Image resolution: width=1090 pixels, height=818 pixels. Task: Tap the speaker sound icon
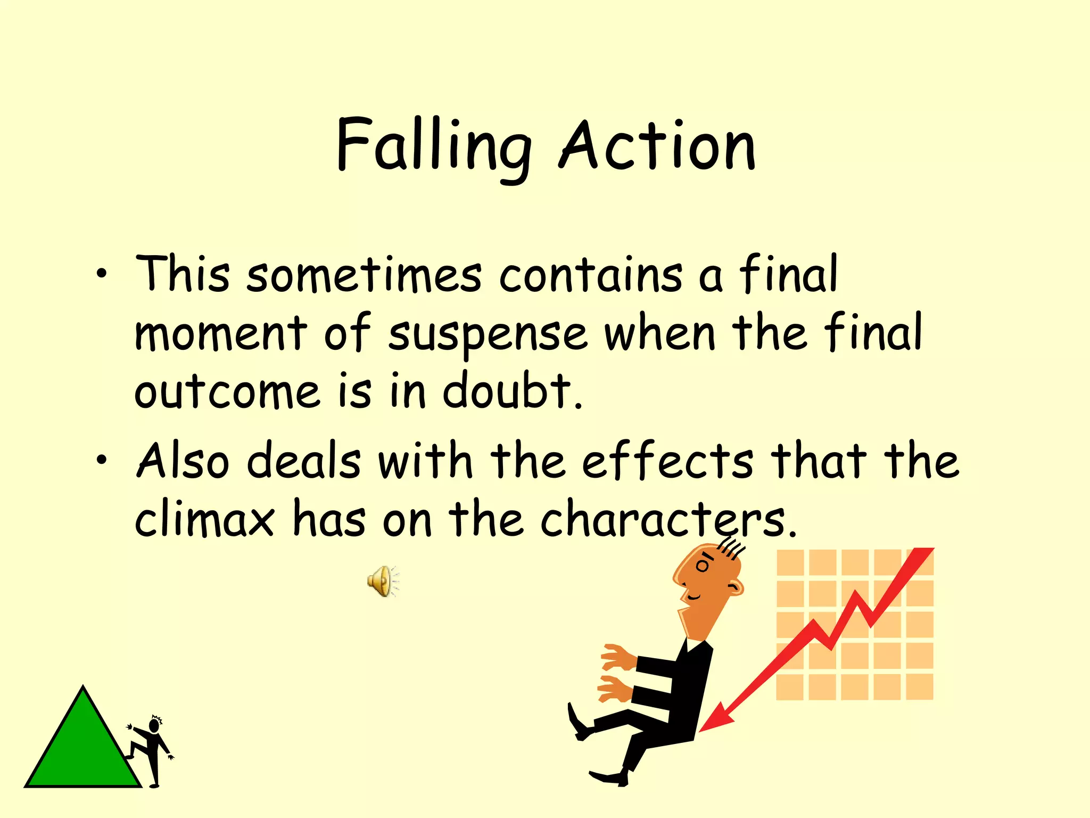point(382,581)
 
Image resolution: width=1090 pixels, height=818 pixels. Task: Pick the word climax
point(205,519)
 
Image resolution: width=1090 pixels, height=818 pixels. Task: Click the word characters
point(668,519)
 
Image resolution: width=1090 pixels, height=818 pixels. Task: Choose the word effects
point(668,461)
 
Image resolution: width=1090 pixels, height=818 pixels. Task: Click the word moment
point(221,334)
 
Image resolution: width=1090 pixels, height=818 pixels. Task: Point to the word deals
point(304,461)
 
